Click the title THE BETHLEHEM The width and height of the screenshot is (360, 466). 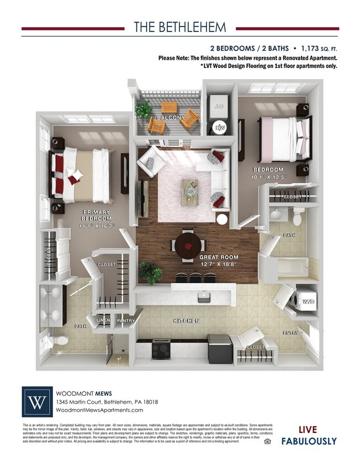(179, 28)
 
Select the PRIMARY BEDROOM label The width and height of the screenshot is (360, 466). (97, 215)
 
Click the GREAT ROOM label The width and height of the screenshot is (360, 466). (219, 257)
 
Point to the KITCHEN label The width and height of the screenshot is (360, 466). (186, 321)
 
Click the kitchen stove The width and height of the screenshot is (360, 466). (161, 348)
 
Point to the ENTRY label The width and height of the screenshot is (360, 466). (291, 333)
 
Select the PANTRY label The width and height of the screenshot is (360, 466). (126, 321)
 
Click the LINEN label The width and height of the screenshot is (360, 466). (103, 321)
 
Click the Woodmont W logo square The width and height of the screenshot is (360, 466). (38, 401)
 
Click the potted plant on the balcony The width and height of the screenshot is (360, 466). (144, 109)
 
